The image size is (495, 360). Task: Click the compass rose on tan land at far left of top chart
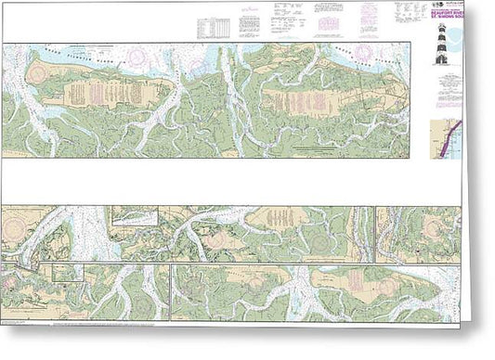(x=37, y=71)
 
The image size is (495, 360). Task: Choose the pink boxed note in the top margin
(x=369, y=12)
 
